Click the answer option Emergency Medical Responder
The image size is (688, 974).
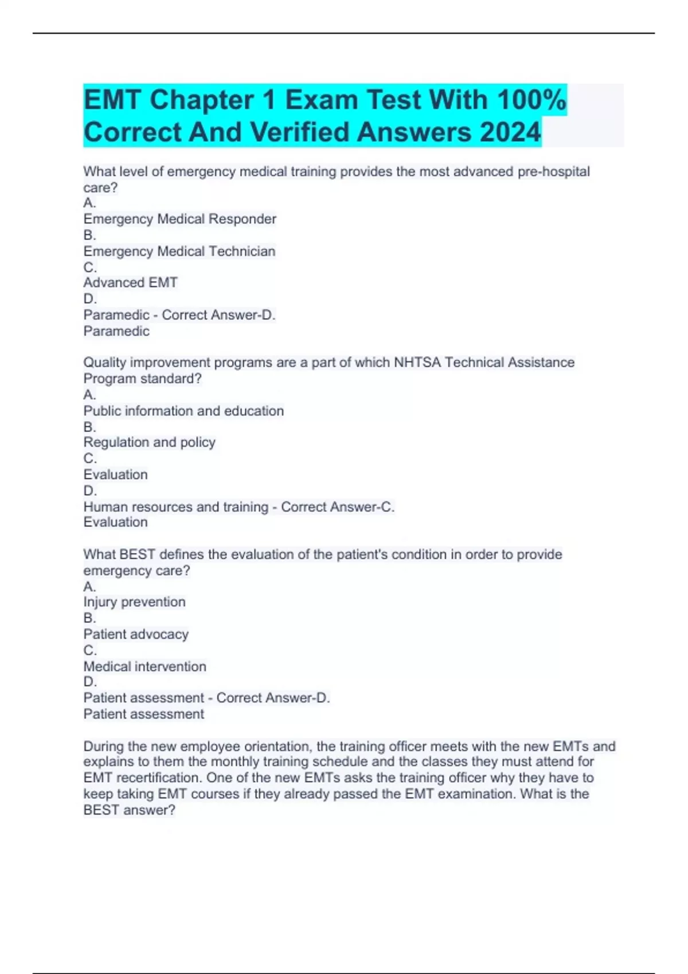[179, 219]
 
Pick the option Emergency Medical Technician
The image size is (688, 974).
[179, 251]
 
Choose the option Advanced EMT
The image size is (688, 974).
[130, 282]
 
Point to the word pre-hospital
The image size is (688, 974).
[553, 171]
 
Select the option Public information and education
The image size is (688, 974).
[183, 411]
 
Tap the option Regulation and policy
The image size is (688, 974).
[149, 442]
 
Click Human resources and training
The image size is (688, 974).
[175, 506]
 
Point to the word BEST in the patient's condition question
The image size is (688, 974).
[137, 554]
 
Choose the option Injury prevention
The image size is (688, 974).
[134, 602]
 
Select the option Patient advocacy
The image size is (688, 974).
[136, 634]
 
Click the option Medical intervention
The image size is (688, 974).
[144, 666]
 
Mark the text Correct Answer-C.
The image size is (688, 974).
[337, 506]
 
